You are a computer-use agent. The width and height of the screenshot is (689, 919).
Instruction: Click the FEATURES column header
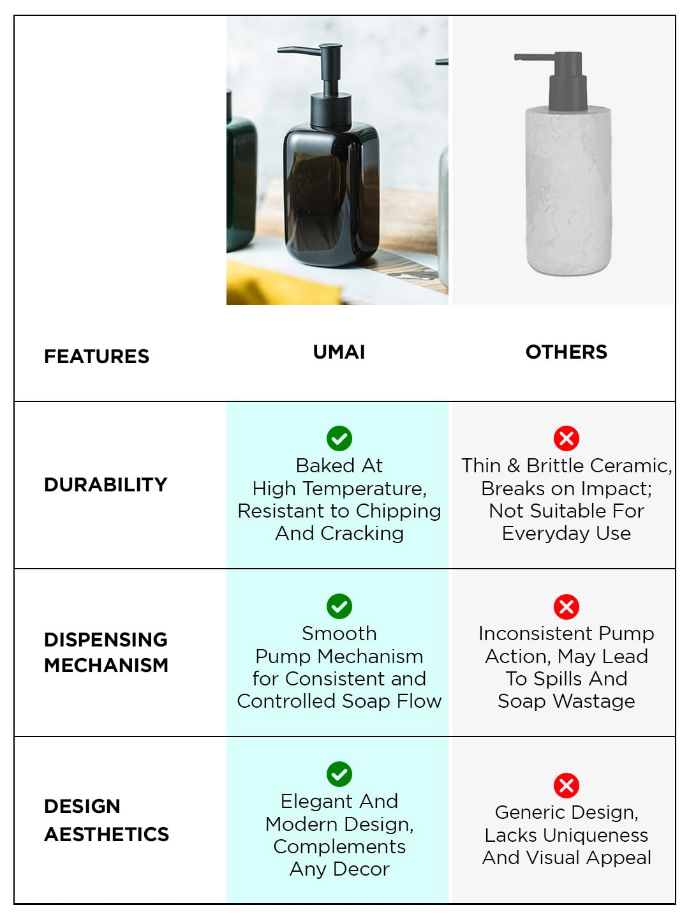click(96, 356)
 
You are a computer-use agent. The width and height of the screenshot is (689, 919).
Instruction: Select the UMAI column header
click(339, 352)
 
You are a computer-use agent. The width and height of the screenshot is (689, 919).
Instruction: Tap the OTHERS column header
click(566, 352)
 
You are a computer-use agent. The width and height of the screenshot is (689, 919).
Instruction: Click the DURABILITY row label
click(105, 484)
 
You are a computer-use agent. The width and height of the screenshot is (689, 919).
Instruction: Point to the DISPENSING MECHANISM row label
click(107, 652)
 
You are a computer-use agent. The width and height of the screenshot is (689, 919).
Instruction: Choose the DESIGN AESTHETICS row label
click(107, 820)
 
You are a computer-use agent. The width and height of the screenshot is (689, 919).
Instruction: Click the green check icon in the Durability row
click(339, 438)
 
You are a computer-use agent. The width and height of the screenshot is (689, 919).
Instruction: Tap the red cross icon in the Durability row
click(567, 438)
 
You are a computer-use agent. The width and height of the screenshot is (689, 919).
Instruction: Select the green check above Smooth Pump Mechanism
click(339, 606)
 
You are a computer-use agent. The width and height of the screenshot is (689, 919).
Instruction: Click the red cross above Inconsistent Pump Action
click(567, 607)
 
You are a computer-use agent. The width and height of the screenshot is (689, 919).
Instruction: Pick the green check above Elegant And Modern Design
click(339, 774)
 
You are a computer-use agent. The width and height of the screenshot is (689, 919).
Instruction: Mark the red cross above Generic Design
click(567, 786)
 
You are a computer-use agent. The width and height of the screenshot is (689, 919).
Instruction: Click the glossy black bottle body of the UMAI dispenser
click(331, 193)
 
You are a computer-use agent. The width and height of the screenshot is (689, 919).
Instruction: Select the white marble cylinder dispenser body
click(568, 190)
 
